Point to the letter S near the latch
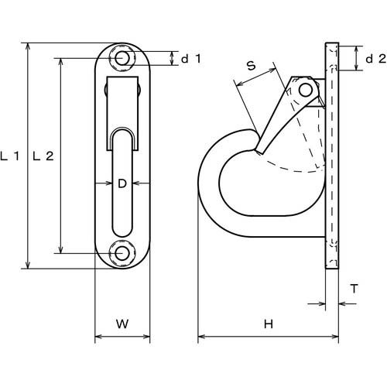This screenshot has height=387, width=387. [252, 67]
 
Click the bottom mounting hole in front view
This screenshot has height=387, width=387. [122, 253]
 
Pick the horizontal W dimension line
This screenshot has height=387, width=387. [121, 337]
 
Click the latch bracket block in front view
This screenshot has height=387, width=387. [122, 101]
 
